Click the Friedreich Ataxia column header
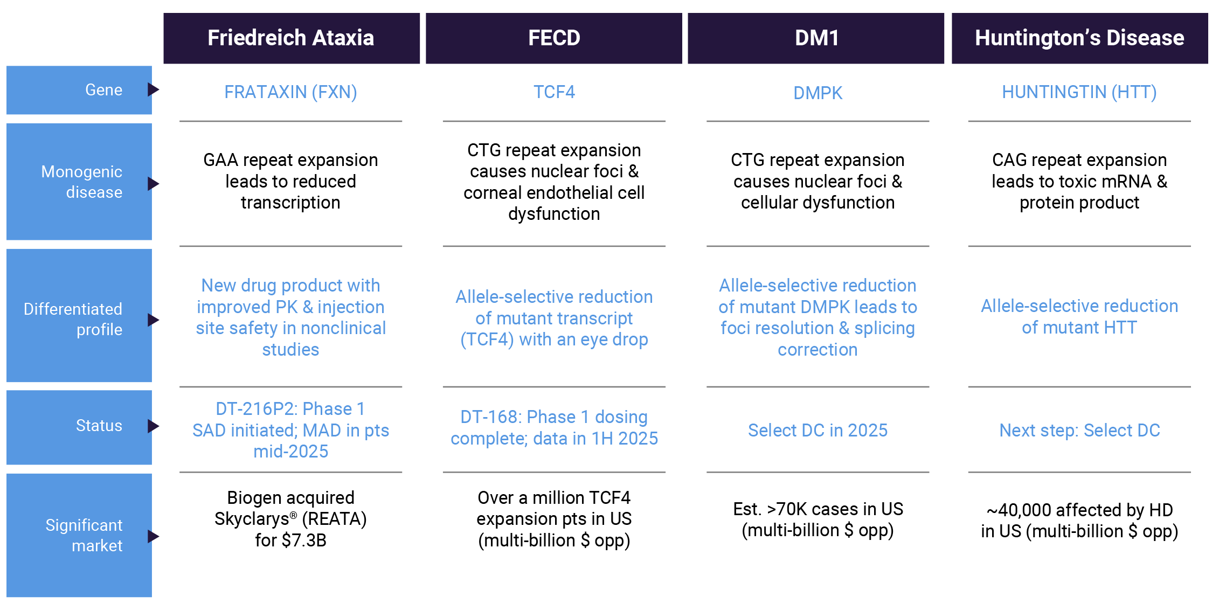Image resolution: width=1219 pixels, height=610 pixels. [291, 38]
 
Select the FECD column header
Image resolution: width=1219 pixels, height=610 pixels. [554, 38]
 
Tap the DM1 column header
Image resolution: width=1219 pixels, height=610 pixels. [816, 38]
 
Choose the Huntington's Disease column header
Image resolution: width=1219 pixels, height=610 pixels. [1079, 38]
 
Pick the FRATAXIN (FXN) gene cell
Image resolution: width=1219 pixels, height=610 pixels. [290, 92]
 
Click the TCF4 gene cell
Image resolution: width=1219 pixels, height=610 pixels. [554, 92]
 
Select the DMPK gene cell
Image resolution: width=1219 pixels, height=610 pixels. [818, 93]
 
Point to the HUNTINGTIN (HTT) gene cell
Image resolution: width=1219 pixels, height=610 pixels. [1079, 92]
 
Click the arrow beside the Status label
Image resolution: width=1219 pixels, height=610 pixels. [154, 426]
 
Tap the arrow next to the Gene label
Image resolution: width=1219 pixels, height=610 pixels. [154, 89]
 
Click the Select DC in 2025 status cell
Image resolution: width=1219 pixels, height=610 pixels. [818, 430]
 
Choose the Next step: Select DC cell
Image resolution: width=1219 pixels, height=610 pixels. [1079, 430]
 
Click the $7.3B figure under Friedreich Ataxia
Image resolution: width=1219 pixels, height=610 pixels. [304, 540]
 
